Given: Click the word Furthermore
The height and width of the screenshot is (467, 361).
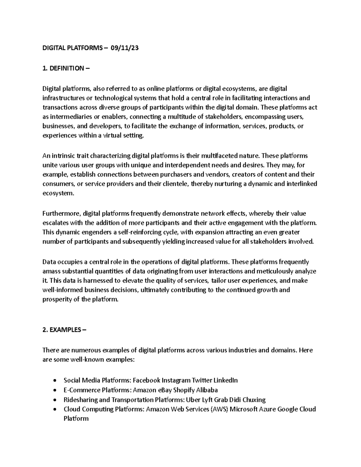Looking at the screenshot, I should click(x=61, y=214).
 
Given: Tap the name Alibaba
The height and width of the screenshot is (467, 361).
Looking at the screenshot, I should click(x=207, y=390).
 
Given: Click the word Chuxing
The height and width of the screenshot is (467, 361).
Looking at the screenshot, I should click(x=254, y=400).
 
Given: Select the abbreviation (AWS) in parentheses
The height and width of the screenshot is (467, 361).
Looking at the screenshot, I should click(x=219, y=409).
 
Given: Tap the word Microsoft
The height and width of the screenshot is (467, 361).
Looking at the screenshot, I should click(x=244, y=409).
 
